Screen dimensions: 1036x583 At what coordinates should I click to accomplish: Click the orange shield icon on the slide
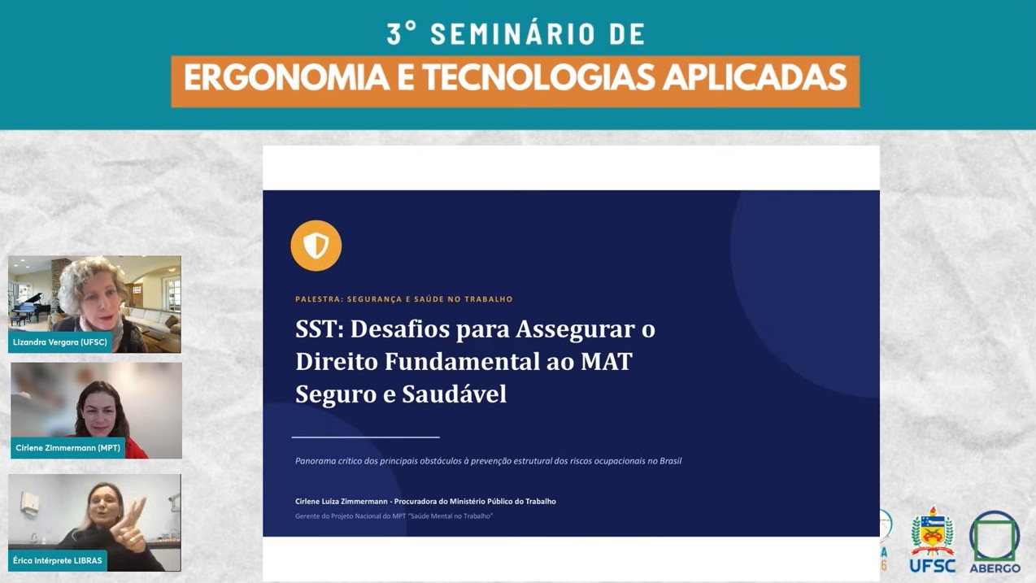click(x=316, y=246)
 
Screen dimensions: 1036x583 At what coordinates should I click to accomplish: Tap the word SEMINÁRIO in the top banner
click(x=513, y=34)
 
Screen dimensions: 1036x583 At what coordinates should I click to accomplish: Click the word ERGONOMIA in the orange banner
click(x=286, y=78)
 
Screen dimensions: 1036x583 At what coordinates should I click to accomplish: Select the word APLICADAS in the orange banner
click(x=755, y=78)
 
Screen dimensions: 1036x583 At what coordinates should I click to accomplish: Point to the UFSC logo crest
click(x=932, y=531)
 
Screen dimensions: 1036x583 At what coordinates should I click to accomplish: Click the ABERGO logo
click(x=995, y=542)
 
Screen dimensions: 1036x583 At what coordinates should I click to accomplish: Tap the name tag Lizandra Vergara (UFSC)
click(x=59, y=342)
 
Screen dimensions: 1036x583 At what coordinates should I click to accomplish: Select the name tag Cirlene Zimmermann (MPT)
click(x=67, y=447)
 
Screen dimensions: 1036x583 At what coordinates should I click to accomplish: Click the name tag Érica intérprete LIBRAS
click(x=58, y=560)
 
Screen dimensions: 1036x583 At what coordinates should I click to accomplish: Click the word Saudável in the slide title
click(x=455, y=394)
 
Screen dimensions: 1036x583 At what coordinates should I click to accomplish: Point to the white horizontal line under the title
click(x=365, y=437)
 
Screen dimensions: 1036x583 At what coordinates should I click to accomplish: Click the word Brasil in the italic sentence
click(x=670, y=460)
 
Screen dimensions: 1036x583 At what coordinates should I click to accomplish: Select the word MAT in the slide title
click(x=607, y=361)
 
